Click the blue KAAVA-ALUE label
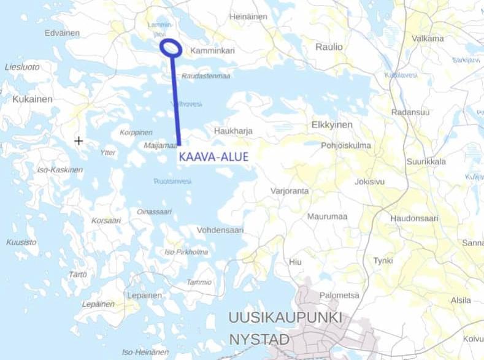[213, 157]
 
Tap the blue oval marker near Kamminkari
[171, 47]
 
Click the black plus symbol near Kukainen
[79, 141]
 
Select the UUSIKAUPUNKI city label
[285, 318]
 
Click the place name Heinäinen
[248, 17]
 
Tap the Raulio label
[329, 47]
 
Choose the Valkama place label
[428, 38]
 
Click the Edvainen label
[63, 33]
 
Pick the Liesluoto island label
[22, 66]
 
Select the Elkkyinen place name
[332, 124]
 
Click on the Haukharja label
[233, 131]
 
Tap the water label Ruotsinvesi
[172, 182]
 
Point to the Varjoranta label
[290, 191]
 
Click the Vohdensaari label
[220, 230]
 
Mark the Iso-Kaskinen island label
[60, 169]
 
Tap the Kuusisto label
[21, 242]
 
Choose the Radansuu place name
[410, 112]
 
